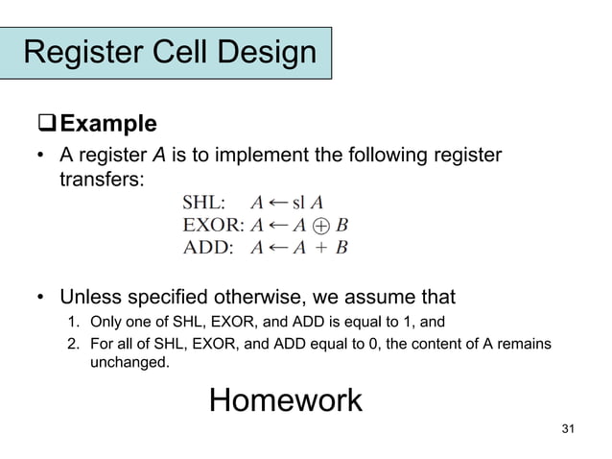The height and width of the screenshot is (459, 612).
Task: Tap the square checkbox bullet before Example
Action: [46, 125]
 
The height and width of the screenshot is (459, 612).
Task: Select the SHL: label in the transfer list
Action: [204, 203]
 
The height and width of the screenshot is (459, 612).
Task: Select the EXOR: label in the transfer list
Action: [213, 225]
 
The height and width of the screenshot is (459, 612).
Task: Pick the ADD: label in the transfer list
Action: [207, 247]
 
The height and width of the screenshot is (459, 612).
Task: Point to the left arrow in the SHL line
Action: [276, 203]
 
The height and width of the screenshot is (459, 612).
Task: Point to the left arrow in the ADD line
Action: [276, 247]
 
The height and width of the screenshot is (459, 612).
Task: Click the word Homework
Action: [285, 399]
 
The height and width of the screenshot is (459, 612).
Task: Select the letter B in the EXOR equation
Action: [341, 225]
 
